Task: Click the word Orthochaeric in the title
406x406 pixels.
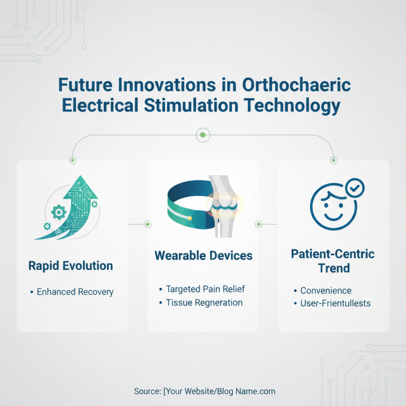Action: [x=296, y=84]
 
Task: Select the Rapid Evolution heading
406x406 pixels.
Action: [x=71, y=266]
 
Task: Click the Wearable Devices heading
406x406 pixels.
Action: [x=203, y=255]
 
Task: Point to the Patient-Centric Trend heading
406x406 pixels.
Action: [x=333, y=260]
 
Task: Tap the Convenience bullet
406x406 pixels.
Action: [x=325, y=291]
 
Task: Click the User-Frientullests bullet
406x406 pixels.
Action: [x=335, y=303]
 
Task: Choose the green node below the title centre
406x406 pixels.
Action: [x=203, y=135]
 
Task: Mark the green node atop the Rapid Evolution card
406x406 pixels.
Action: [x=73, y=160]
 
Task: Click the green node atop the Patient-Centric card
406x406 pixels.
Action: [x=333, y=160]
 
